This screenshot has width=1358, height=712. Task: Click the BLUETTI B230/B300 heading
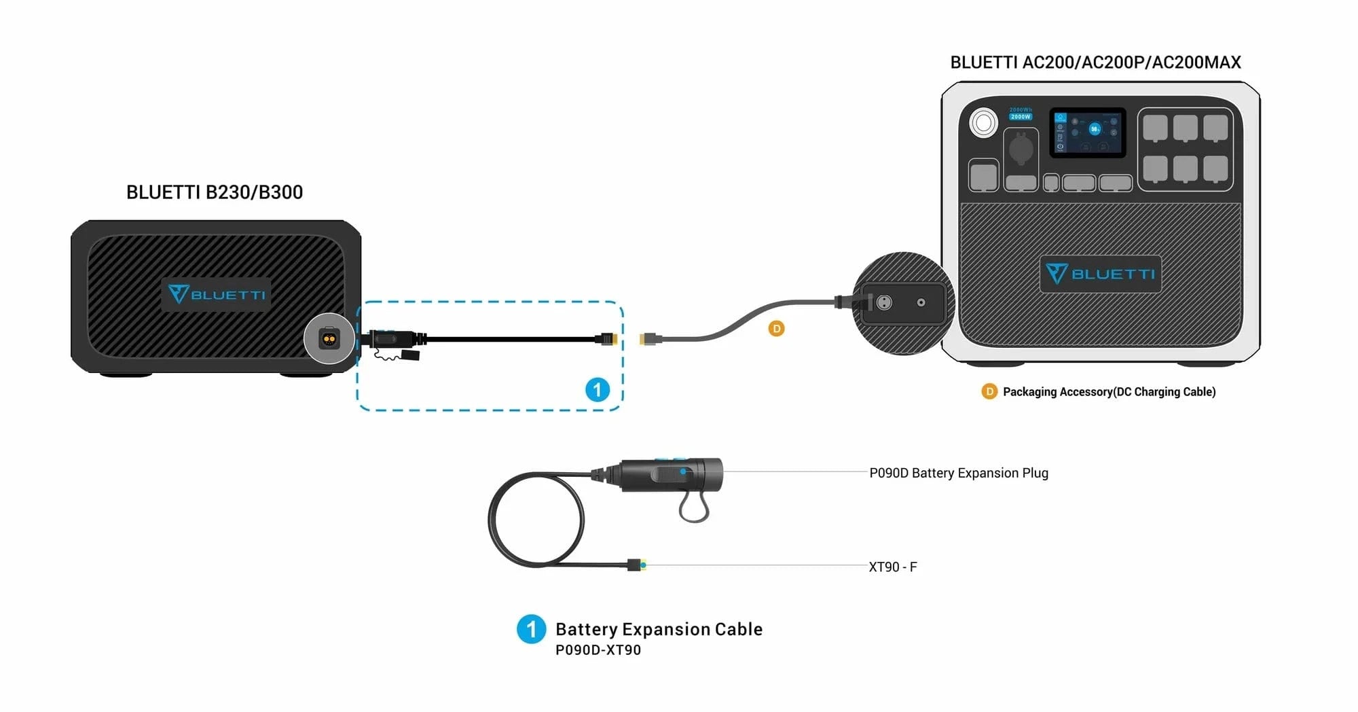point(215,192)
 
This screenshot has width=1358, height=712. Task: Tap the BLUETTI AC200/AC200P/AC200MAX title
point(1095,63)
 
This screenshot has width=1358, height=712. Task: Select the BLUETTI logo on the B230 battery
point(216,294)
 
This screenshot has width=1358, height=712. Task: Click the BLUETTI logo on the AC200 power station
point(1100,274)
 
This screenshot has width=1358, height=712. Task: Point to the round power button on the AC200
point(983,123)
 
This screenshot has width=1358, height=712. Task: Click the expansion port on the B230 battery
point(329,338)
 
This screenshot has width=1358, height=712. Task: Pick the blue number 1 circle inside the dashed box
point(598,390)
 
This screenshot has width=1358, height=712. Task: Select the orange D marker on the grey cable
point(776,329)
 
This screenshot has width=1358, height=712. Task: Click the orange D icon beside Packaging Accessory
point(989,392)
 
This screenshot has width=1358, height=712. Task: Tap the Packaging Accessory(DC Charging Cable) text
point(1109,392)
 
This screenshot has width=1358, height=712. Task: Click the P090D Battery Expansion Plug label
point(959,473)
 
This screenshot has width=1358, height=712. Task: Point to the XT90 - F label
point(893,567)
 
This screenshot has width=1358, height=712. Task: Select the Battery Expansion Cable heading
point(659,629)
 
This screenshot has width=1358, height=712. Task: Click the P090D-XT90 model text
point(598,650)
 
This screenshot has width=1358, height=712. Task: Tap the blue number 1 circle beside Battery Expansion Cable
point(531,629)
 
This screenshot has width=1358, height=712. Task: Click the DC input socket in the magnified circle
point(884,302)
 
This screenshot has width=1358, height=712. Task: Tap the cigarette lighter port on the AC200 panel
point(1021,149)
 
